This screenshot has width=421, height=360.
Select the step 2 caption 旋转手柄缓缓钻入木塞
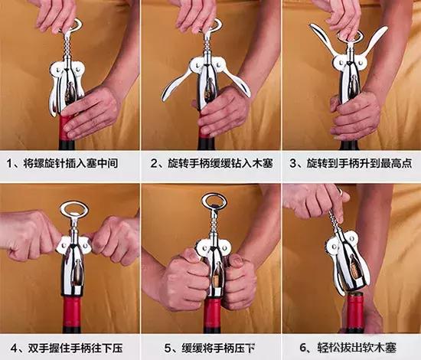click(210, 164)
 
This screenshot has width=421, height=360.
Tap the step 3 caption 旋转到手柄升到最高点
click(351, 164)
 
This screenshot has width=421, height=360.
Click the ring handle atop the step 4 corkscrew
click(73, 210)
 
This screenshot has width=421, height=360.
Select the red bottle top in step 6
click(354, 310)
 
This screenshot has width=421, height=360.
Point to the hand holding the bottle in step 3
click(356, 115)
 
